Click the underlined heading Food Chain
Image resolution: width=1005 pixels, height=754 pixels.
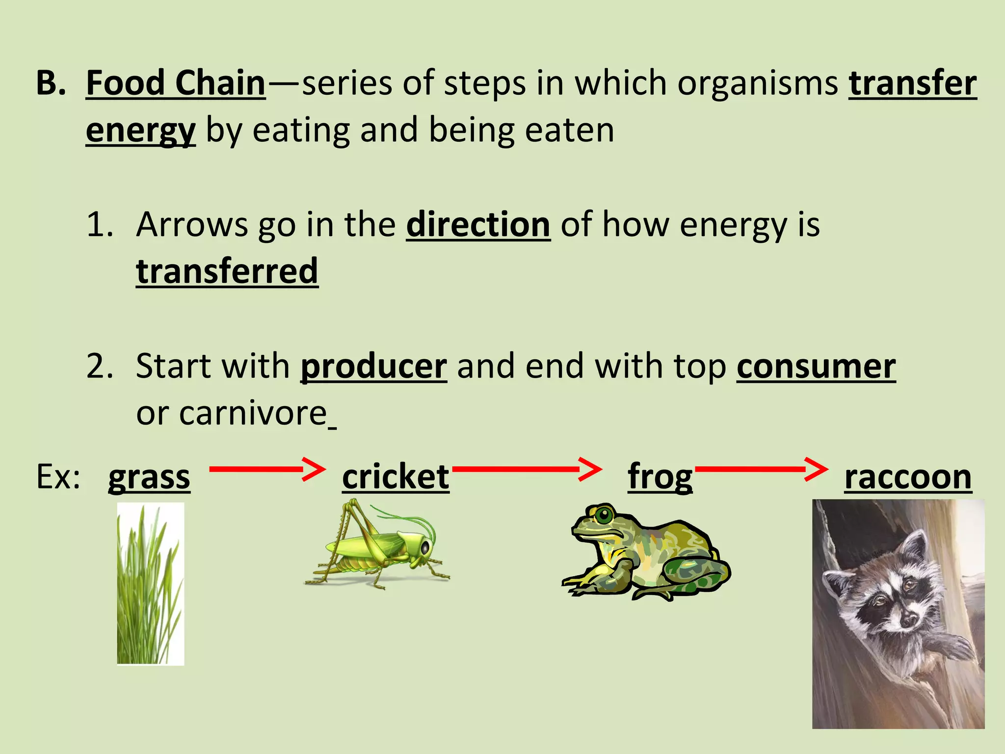coord(176,83)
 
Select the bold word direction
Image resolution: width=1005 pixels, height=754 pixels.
coord(478,225)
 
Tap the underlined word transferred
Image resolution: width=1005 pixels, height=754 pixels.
coord(227,271)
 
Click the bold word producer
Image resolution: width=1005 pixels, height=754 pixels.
coord(373,367)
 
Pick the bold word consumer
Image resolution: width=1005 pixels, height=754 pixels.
coord(816,367)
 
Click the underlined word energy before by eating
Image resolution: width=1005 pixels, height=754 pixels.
coord(140,131)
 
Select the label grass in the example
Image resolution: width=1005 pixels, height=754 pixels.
coord(149,477)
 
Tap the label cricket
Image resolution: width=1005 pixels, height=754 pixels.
coord(396,477)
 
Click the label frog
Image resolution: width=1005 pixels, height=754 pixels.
coord(660,477)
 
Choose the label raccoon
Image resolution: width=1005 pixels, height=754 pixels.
coord(908,477)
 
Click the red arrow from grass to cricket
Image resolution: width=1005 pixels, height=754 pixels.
coord(267,469)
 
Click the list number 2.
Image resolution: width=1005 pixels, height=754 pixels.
coord(100,367)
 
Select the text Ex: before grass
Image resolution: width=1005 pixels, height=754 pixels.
coord(58,477)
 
